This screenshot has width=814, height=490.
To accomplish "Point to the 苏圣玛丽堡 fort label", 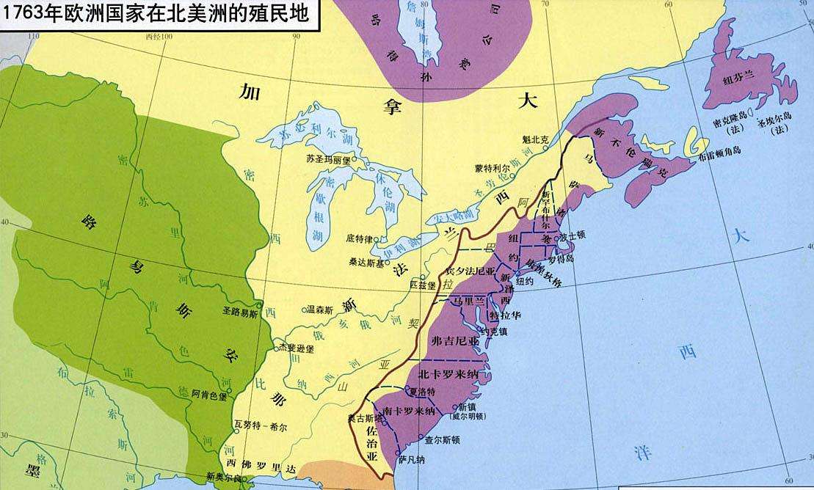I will [x=329, y=158].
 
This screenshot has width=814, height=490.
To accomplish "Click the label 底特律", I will [x=357, y=238].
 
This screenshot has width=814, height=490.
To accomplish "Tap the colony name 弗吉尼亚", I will [x=456, y=340].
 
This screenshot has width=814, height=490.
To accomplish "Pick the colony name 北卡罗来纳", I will [x=452, y=375].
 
